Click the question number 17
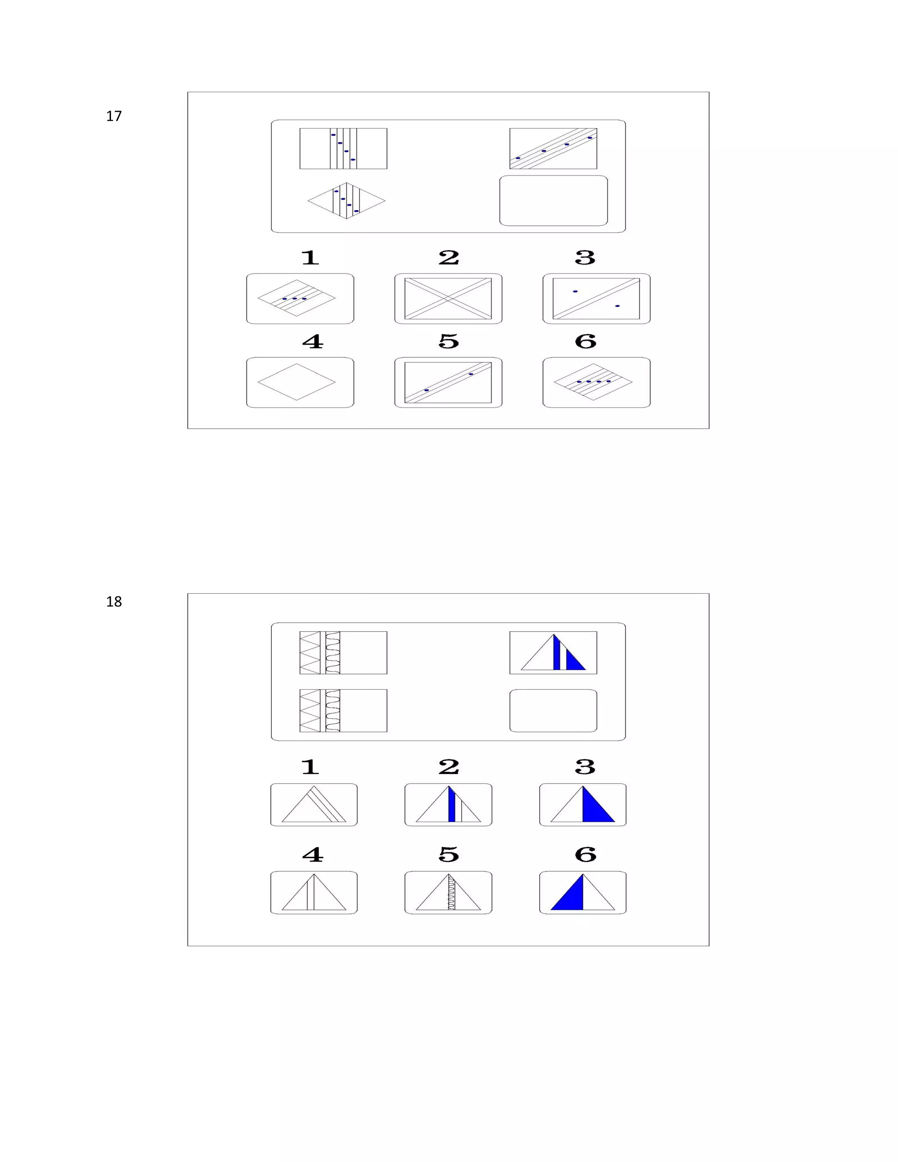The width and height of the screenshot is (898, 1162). pyautogui.click(x=114, y=116)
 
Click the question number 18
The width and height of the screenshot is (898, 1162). pyautogui.click(x=114, y=602)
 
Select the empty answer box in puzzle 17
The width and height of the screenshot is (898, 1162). pyautogui.click(x=553, y=200)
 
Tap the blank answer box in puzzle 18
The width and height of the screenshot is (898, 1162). pyautogui.click(x=553, y=711)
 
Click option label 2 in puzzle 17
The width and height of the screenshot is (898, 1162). pyautogui.click(x=449, y=258)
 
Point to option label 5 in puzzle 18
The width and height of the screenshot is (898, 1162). pyautogui.click(x=449, y=855)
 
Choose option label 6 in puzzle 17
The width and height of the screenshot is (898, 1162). pyautogui.click(x=585, y=342)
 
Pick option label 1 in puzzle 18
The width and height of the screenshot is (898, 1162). pyautogui.click(x=310, y=767)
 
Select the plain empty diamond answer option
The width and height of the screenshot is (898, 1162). pyautogui.click(x=296, y=382)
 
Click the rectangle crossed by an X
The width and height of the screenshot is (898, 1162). pyautogui.click(x=448, y=299)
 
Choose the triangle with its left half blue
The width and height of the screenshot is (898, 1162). pyautogui.click(x=583, y=892)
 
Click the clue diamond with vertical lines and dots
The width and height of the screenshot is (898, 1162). pyautogui.click(x=346, y=200)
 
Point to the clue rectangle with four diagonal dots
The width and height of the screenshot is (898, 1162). pyautogui.click(x=553, y=149)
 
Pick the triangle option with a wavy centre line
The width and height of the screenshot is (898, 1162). pyautogui.click(x=449, y=892)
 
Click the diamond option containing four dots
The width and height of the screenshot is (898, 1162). pyautogui.click(x=593, y=382)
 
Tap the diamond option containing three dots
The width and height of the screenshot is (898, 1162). pyautogui.click(x=296, y=298)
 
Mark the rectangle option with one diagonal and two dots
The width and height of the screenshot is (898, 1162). pyautogui.click(x=596, y=299)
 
